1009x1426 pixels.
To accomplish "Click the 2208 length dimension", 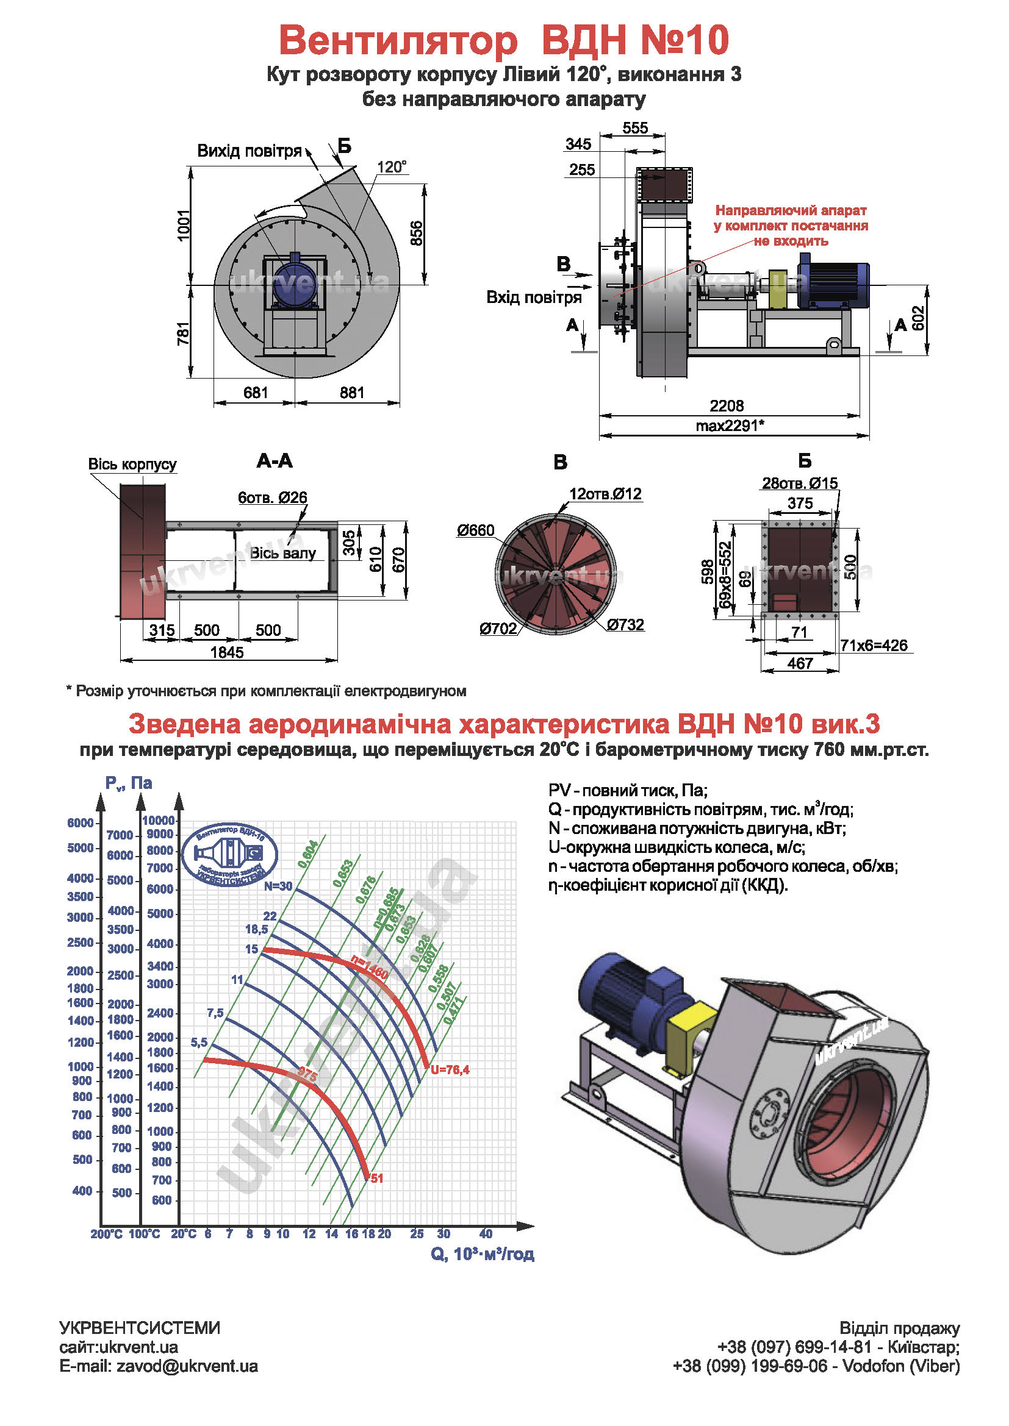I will pos(727,405).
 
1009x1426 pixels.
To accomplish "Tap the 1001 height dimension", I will pos(184,225).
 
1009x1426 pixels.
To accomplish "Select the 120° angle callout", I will pos(392,167).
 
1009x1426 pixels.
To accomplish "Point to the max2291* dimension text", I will pos(730,426).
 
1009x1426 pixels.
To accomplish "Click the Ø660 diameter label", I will pos(475,530).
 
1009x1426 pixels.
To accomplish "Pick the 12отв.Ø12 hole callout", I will pos(605,494).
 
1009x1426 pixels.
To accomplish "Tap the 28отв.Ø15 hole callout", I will pos(800,483).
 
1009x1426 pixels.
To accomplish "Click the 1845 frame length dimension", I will pos(227,652).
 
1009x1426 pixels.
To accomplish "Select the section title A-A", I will pos(274,461).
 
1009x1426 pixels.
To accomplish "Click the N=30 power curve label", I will pos(278,886).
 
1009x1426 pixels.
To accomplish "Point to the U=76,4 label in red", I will pos(450,1069).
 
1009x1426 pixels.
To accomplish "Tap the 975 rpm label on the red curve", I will pos(307,1074).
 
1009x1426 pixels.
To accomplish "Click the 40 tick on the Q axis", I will pos(486,1233).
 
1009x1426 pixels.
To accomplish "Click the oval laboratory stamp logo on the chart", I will pos(230,855).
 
